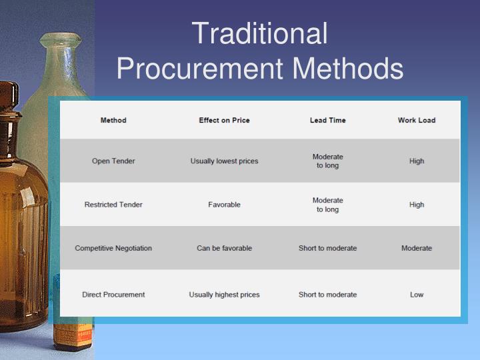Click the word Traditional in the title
click(x=259, y=34)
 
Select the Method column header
click(x=113, y=121)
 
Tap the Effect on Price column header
click(x=224, y=121)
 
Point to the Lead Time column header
click(x=327, y=121)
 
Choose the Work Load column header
click(x=417, y=121)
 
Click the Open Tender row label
click(x=113, y=161)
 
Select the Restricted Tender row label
click(x=113, y=205)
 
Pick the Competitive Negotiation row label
click(x=113, y=248)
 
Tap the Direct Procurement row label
click(x=113, y=295)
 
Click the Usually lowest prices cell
click(x=224, y=161)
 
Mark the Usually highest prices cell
click(x=224, y=295)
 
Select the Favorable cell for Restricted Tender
click(x=224, y=205)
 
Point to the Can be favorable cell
click(x=224, y=248)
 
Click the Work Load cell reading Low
click(x=417, y=295)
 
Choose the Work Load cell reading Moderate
click(x=417, y=248)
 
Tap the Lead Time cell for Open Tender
click(x=327, y=161)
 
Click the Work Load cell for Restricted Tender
click(x=417, y=205)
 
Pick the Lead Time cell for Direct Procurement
click(x=327, y=295)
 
